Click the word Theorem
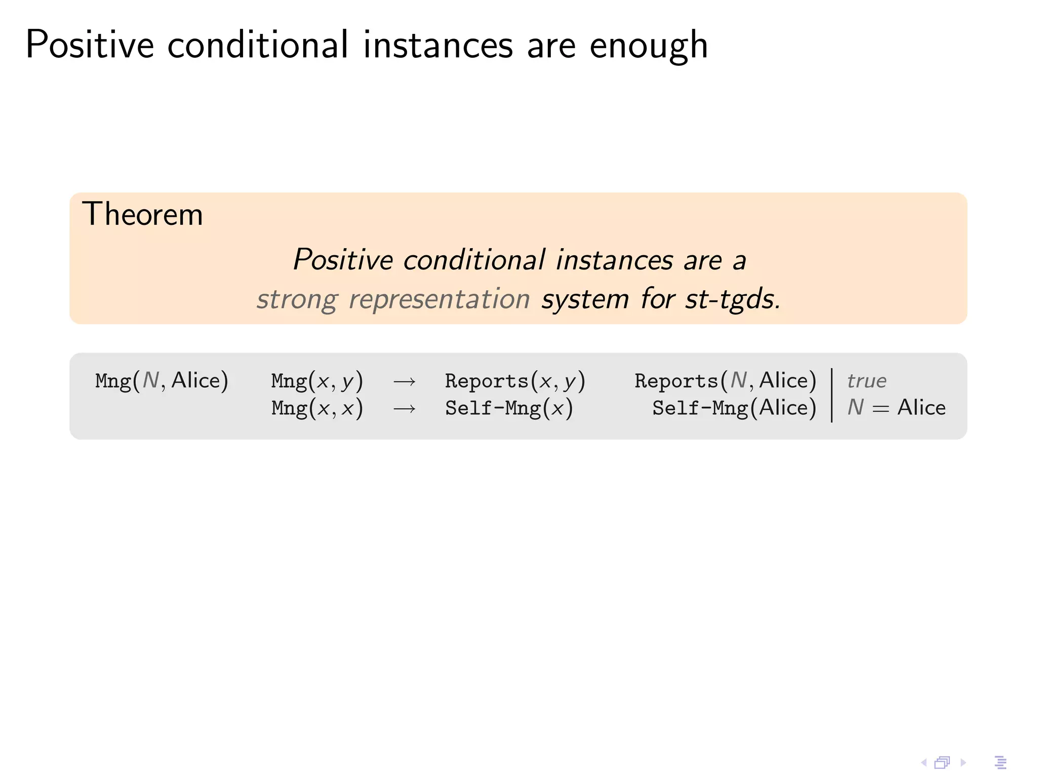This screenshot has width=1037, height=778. coord(142,214)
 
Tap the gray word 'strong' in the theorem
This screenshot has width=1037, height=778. coord(297,299)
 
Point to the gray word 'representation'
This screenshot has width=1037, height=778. coord(439,299)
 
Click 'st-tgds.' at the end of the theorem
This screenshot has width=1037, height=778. coord(732,299)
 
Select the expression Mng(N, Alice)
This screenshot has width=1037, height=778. coord(162,381)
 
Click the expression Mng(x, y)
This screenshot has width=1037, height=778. coord(317,381)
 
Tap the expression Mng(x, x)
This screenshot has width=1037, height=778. coord(317,408)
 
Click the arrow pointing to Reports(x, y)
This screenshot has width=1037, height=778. coord(404,381)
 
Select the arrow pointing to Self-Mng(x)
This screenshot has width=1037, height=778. coord(404,408)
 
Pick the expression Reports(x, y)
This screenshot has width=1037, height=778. coord(515,381)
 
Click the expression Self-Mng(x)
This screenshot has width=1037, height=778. coord(509,408)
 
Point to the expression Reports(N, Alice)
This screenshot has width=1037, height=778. coord(725,381)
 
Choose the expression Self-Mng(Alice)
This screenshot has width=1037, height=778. coord(734,408)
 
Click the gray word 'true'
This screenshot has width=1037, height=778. coord(866,381)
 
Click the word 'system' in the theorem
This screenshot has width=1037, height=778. coord(585,299)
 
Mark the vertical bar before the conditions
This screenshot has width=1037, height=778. coord(832,395)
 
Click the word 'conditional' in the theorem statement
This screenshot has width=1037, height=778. coord(474,260)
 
